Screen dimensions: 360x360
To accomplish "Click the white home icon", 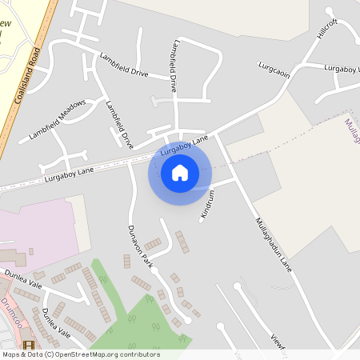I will [x=180, y=172].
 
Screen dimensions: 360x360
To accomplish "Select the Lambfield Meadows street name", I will [x=57, y=118].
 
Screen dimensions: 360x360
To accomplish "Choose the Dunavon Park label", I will [x=139, y=245].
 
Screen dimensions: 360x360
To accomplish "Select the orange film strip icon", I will [x=30, y=345].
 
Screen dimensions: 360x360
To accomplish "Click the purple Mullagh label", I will [x=351, y=131].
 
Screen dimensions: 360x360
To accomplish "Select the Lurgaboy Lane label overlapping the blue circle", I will [x=184, y=146].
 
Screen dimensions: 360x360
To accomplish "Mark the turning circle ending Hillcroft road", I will [x=330, y=10].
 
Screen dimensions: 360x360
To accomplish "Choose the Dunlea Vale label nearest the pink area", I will [x=23, y=278].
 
